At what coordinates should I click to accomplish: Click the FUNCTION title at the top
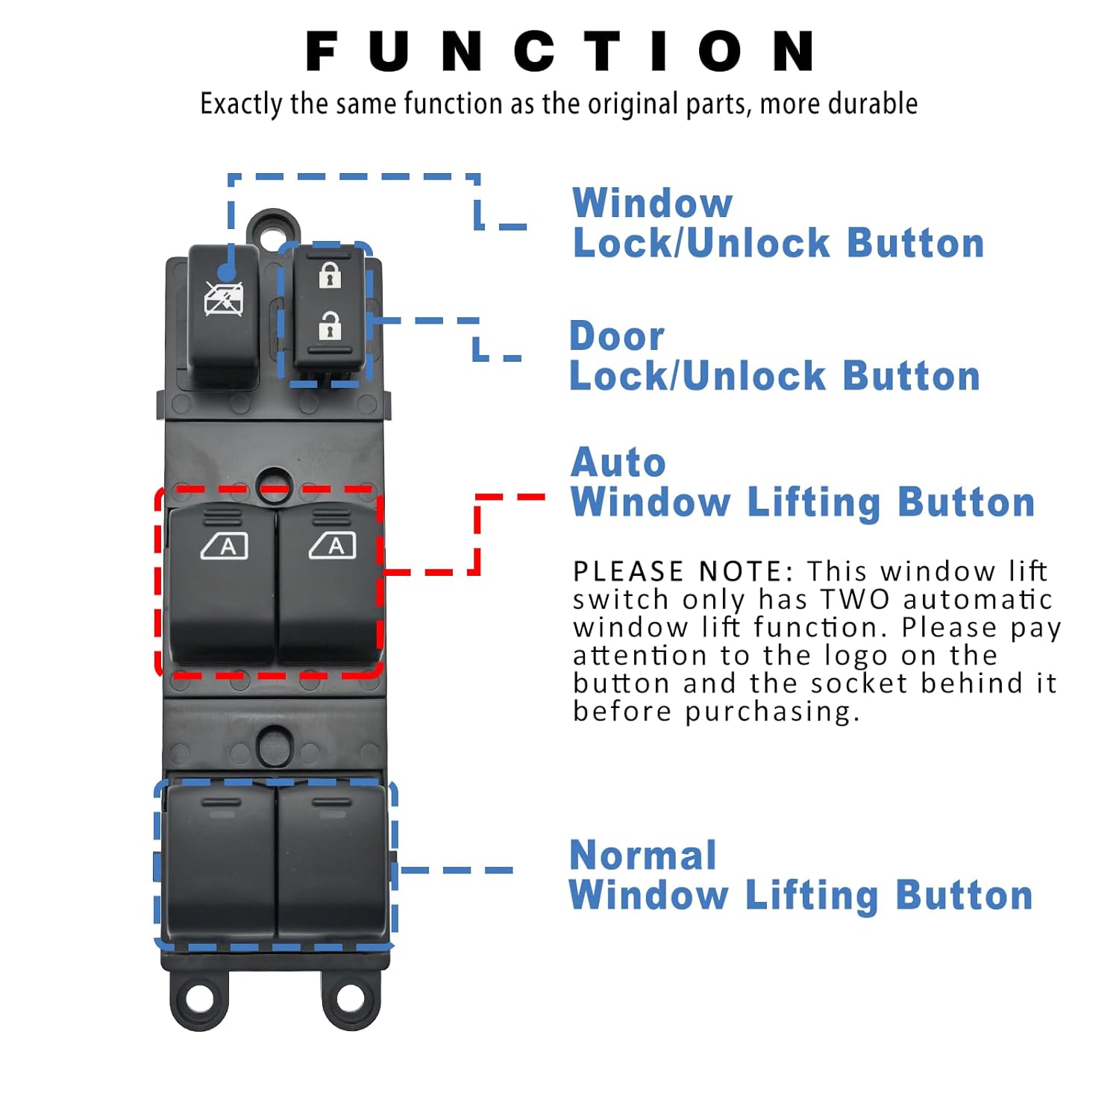coord(559,51)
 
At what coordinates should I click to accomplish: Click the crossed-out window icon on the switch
coord(224,300)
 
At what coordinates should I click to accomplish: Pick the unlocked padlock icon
coord(330,326)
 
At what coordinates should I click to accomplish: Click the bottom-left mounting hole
coord(199,998)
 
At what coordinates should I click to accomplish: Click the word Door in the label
coord(617,336)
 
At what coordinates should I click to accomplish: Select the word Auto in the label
coord(618,463)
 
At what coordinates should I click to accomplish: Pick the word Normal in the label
coord(642,856)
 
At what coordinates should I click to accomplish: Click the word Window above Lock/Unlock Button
coord(653,203)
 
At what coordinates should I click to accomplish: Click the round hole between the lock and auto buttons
coord(275,483)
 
